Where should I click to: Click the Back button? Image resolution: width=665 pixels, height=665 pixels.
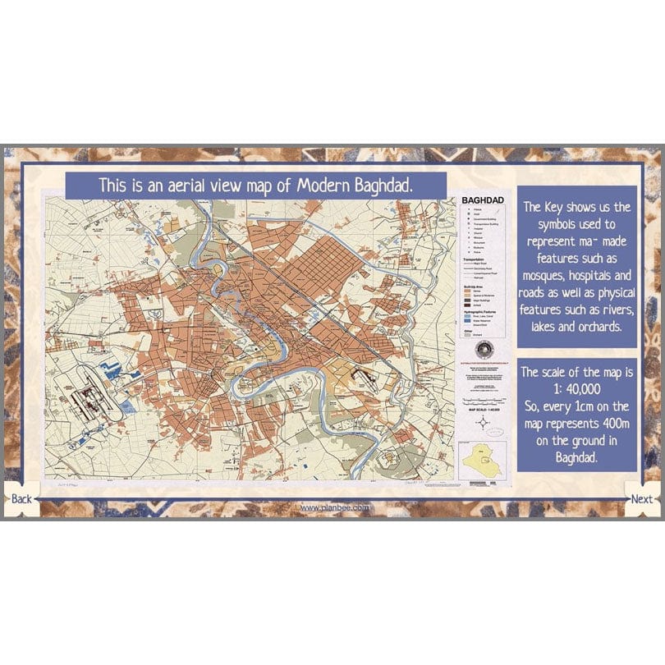pyautogui.click(x=21, y=499)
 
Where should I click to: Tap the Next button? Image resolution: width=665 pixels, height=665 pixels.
pyautogui.click(x=642, y=499)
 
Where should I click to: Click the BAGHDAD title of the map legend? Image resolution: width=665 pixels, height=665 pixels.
pyautogui.click(x=480, y=199)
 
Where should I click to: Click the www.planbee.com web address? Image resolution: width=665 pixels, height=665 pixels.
pyautogui.click(x=333, y=507)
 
